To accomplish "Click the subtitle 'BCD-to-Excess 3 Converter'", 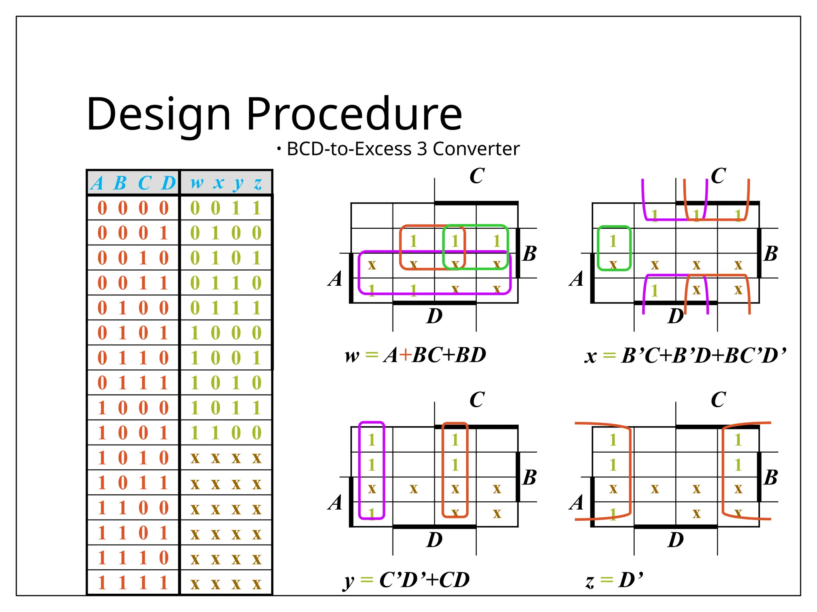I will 403,149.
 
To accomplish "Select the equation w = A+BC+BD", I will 415,355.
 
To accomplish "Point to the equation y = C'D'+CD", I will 406,580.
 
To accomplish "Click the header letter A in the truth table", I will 97,183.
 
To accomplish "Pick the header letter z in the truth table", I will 258,183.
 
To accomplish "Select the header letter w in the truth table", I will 196,183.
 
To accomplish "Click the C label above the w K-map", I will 477,176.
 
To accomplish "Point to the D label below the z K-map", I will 676,540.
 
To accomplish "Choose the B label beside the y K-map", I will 530,477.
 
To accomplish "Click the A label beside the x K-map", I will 577,279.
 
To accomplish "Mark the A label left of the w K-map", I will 335,279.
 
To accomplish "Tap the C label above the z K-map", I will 718,400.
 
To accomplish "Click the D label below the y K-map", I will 434,540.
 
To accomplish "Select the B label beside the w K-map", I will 530,253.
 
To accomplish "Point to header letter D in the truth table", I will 168,183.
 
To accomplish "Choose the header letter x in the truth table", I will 218,183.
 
